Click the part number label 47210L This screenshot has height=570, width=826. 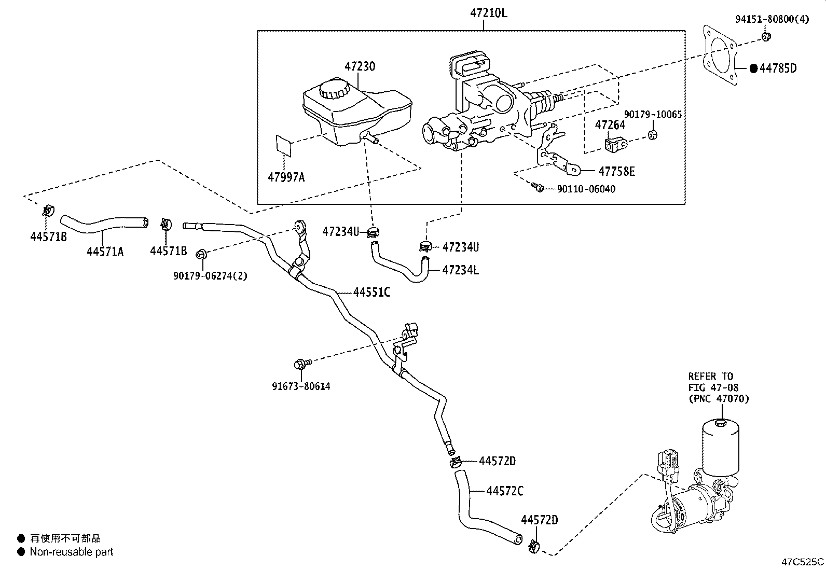pos(488,13)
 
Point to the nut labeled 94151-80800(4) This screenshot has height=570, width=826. pos(766,36)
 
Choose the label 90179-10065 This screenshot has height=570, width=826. pos(653,114)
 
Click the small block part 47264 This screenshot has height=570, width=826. pos(616,145)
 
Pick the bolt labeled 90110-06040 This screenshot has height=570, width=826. pos(538,188)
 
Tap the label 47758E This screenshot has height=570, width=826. pos(616,171)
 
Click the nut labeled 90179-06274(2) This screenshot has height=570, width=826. pos(202,254)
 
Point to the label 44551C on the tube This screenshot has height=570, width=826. pos(371,293)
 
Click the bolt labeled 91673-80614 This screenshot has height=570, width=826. pos(301,364)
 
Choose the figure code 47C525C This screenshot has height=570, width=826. pos(802,561)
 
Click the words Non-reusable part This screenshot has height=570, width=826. pos(72,552)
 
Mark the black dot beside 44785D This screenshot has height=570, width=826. pos(754,68)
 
